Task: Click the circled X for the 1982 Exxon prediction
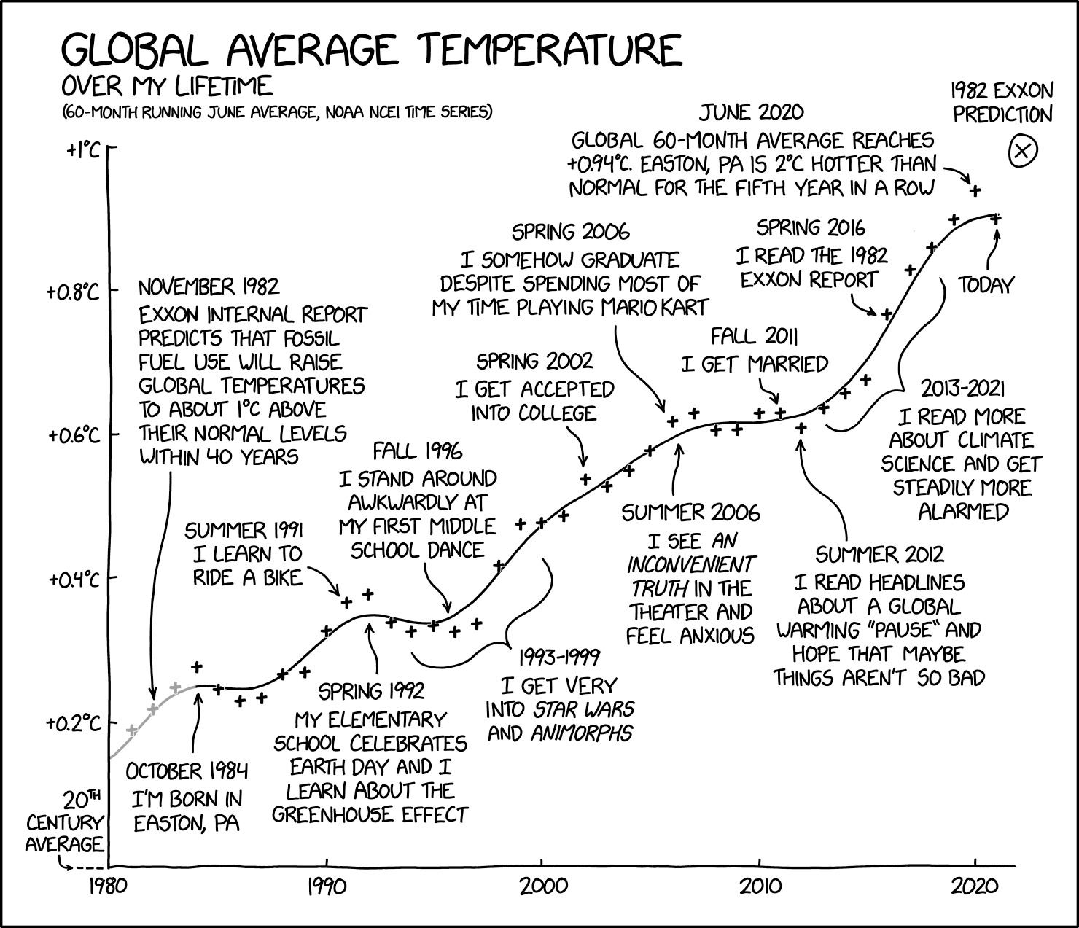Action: (x=1022, y=152)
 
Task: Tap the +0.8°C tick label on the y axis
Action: (x=73, y=292)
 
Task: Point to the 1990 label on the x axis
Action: (x=326, y=887)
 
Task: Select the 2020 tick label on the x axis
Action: (x=975, y=887)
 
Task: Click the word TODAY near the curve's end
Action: (x=986, y=285)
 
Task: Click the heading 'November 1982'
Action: (x=209, y=286)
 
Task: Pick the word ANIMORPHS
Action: (x=581, y=733)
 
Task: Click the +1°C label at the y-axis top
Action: (x=84, y=150)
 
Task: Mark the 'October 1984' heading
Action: (x=187, y=771)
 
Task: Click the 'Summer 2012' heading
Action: (x=879, y=555)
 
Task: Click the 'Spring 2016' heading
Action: (x=811, y=228)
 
